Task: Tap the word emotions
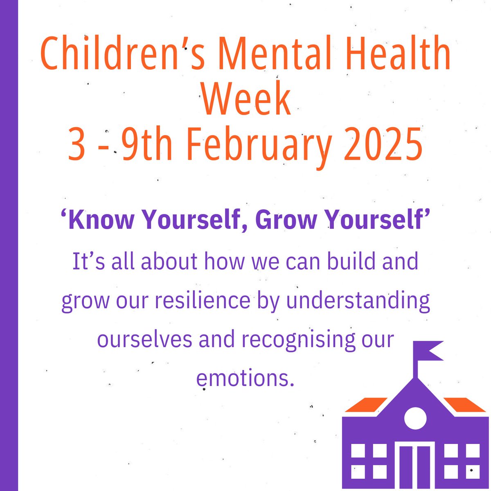point(245,378)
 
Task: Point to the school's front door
point(415,466)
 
